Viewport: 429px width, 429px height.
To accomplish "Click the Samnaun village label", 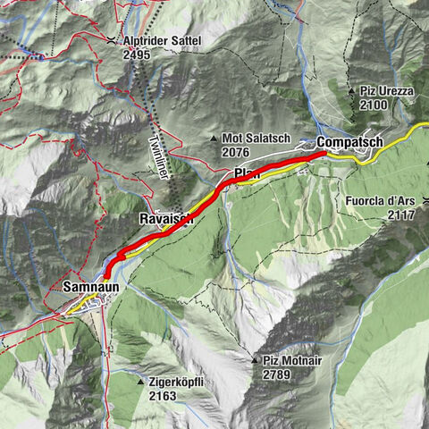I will [90, 287].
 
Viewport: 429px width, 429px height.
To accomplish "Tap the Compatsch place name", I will [349, 142].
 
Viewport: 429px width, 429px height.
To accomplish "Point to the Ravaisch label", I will [166, 218].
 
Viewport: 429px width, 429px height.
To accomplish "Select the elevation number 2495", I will [138, 54].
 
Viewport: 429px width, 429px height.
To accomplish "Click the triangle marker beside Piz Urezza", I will [351, 91].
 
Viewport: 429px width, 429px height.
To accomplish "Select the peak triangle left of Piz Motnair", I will [255, 361].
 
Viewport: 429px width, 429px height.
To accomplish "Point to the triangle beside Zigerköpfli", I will [141, 383].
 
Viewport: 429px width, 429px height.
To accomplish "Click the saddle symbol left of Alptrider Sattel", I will [110, 41].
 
